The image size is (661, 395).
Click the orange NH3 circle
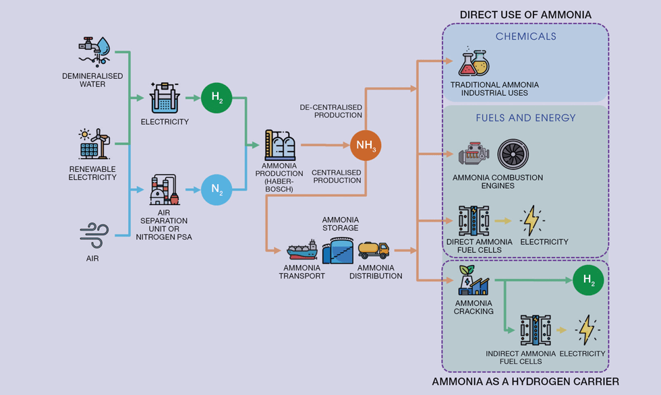(366, 145)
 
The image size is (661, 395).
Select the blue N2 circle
(217, 189)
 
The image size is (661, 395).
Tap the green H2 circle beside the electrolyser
(217, 97)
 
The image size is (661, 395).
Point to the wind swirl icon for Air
(94, 237)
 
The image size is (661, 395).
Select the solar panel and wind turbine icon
(94, 144)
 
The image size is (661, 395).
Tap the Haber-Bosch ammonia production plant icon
(279, 144)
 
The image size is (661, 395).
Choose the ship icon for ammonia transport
(304, 252)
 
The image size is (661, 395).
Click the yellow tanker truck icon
(374, 251)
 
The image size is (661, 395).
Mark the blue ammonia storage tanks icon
(338, 250)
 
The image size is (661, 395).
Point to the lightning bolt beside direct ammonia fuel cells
(532, 220)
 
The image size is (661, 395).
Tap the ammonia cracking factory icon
(473, 280)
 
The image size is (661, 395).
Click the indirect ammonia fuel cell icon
(536, 331)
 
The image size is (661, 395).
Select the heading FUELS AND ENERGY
(525, 118)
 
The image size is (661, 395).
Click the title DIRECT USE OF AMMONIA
(525, 15)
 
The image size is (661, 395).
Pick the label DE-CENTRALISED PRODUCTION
(330, 111)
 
